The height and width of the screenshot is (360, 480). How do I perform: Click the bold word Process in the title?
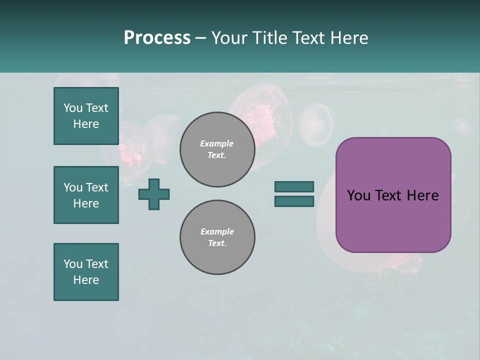[157, 38]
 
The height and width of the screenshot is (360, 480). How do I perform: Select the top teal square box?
[86, 116]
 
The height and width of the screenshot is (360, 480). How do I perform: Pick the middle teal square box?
[86, 195]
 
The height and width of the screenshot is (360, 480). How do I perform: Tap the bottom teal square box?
[86, 272]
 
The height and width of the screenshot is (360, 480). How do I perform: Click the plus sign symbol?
[154, 194]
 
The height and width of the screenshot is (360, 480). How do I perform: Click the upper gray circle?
[217, 149]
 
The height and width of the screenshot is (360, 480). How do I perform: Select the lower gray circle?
[217, 237]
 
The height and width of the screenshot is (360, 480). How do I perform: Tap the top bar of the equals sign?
[294, 186]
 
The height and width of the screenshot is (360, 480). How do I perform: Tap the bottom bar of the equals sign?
[294, 201]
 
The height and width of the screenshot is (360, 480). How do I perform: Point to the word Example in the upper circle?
[217, 143]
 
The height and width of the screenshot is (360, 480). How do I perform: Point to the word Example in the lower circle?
[217, 231]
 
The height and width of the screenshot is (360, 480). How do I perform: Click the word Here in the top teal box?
[86, 124]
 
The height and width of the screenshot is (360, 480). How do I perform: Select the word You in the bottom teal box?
[72, 264]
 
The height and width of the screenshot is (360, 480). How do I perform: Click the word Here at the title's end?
[348, 38]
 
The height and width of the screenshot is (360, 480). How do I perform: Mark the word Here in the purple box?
[422, 195]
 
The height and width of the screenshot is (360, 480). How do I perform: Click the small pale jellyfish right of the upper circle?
[315, 124]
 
